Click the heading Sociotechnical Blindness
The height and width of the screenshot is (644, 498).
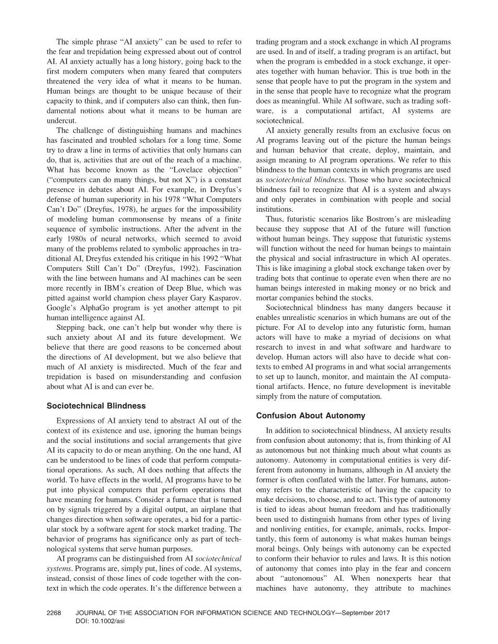[x=96, y=406]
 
